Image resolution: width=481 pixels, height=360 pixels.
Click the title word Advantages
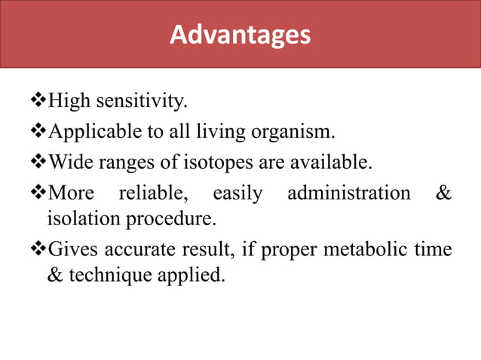[240, 35]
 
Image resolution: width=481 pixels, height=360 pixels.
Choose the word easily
[237, 194]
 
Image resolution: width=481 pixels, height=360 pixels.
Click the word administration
[349, 194]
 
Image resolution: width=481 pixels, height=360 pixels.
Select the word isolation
[78, 219]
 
